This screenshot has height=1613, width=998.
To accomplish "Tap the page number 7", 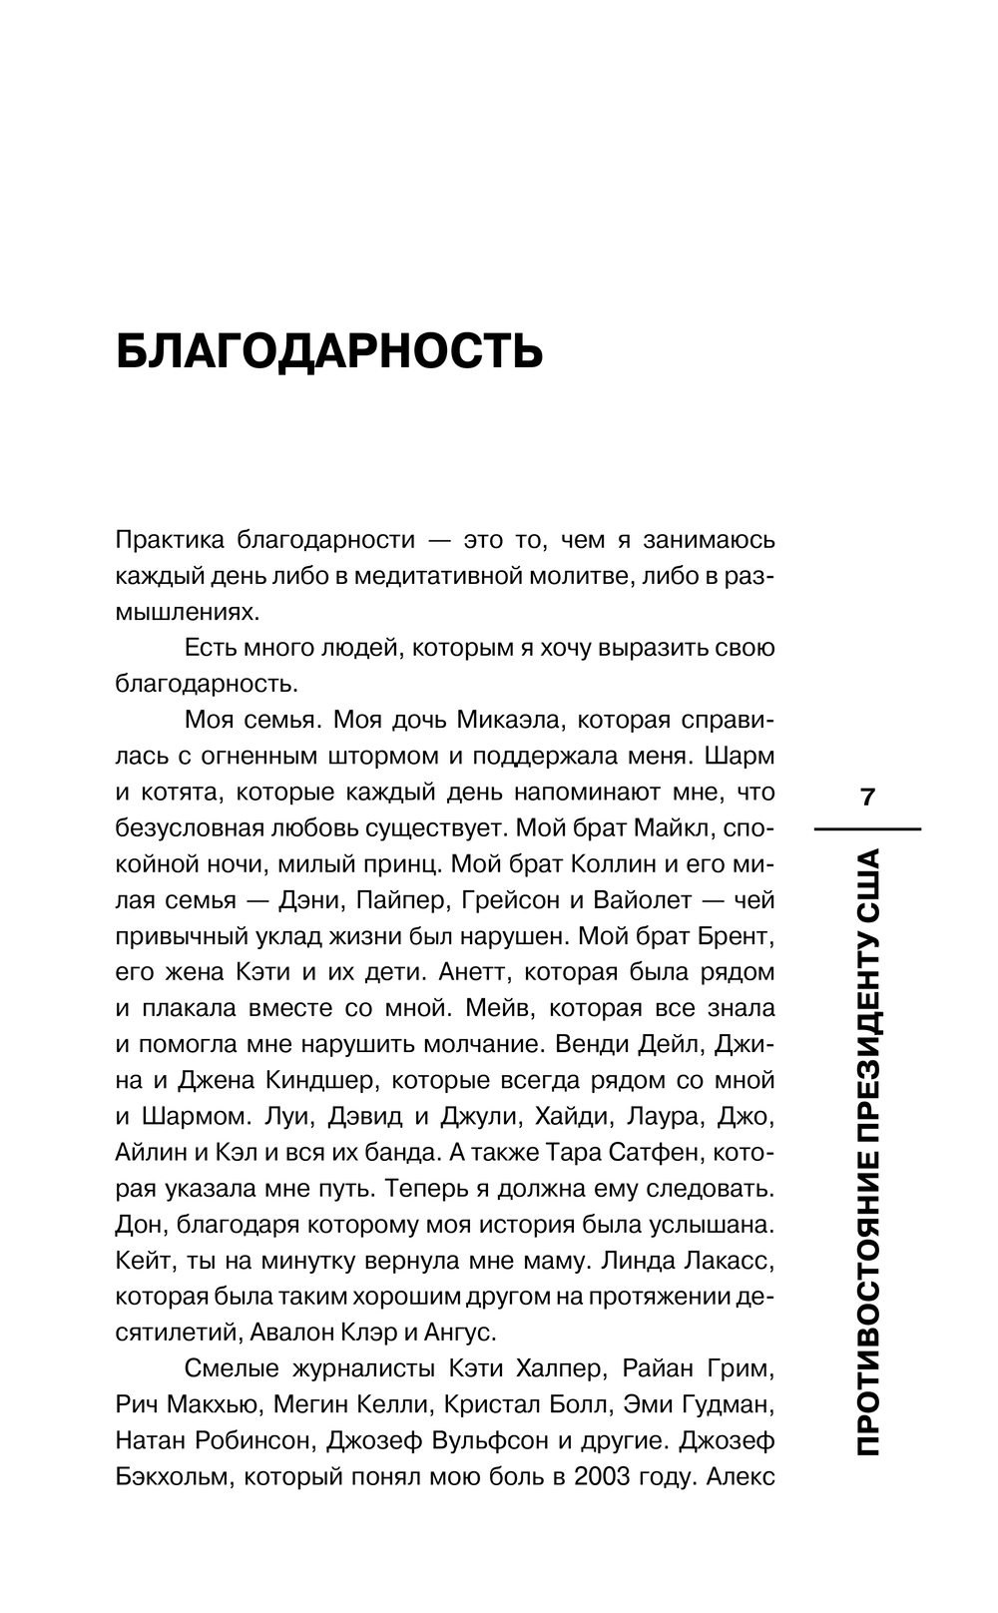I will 866,797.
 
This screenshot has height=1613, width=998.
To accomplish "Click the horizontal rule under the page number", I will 866,828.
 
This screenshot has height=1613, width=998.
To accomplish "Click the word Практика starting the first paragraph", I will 169,540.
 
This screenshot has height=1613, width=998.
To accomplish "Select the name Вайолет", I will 642,899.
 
